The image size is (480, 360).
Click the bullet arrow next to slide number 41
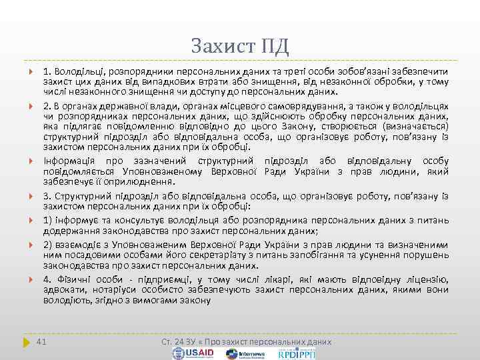[26, 341]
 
